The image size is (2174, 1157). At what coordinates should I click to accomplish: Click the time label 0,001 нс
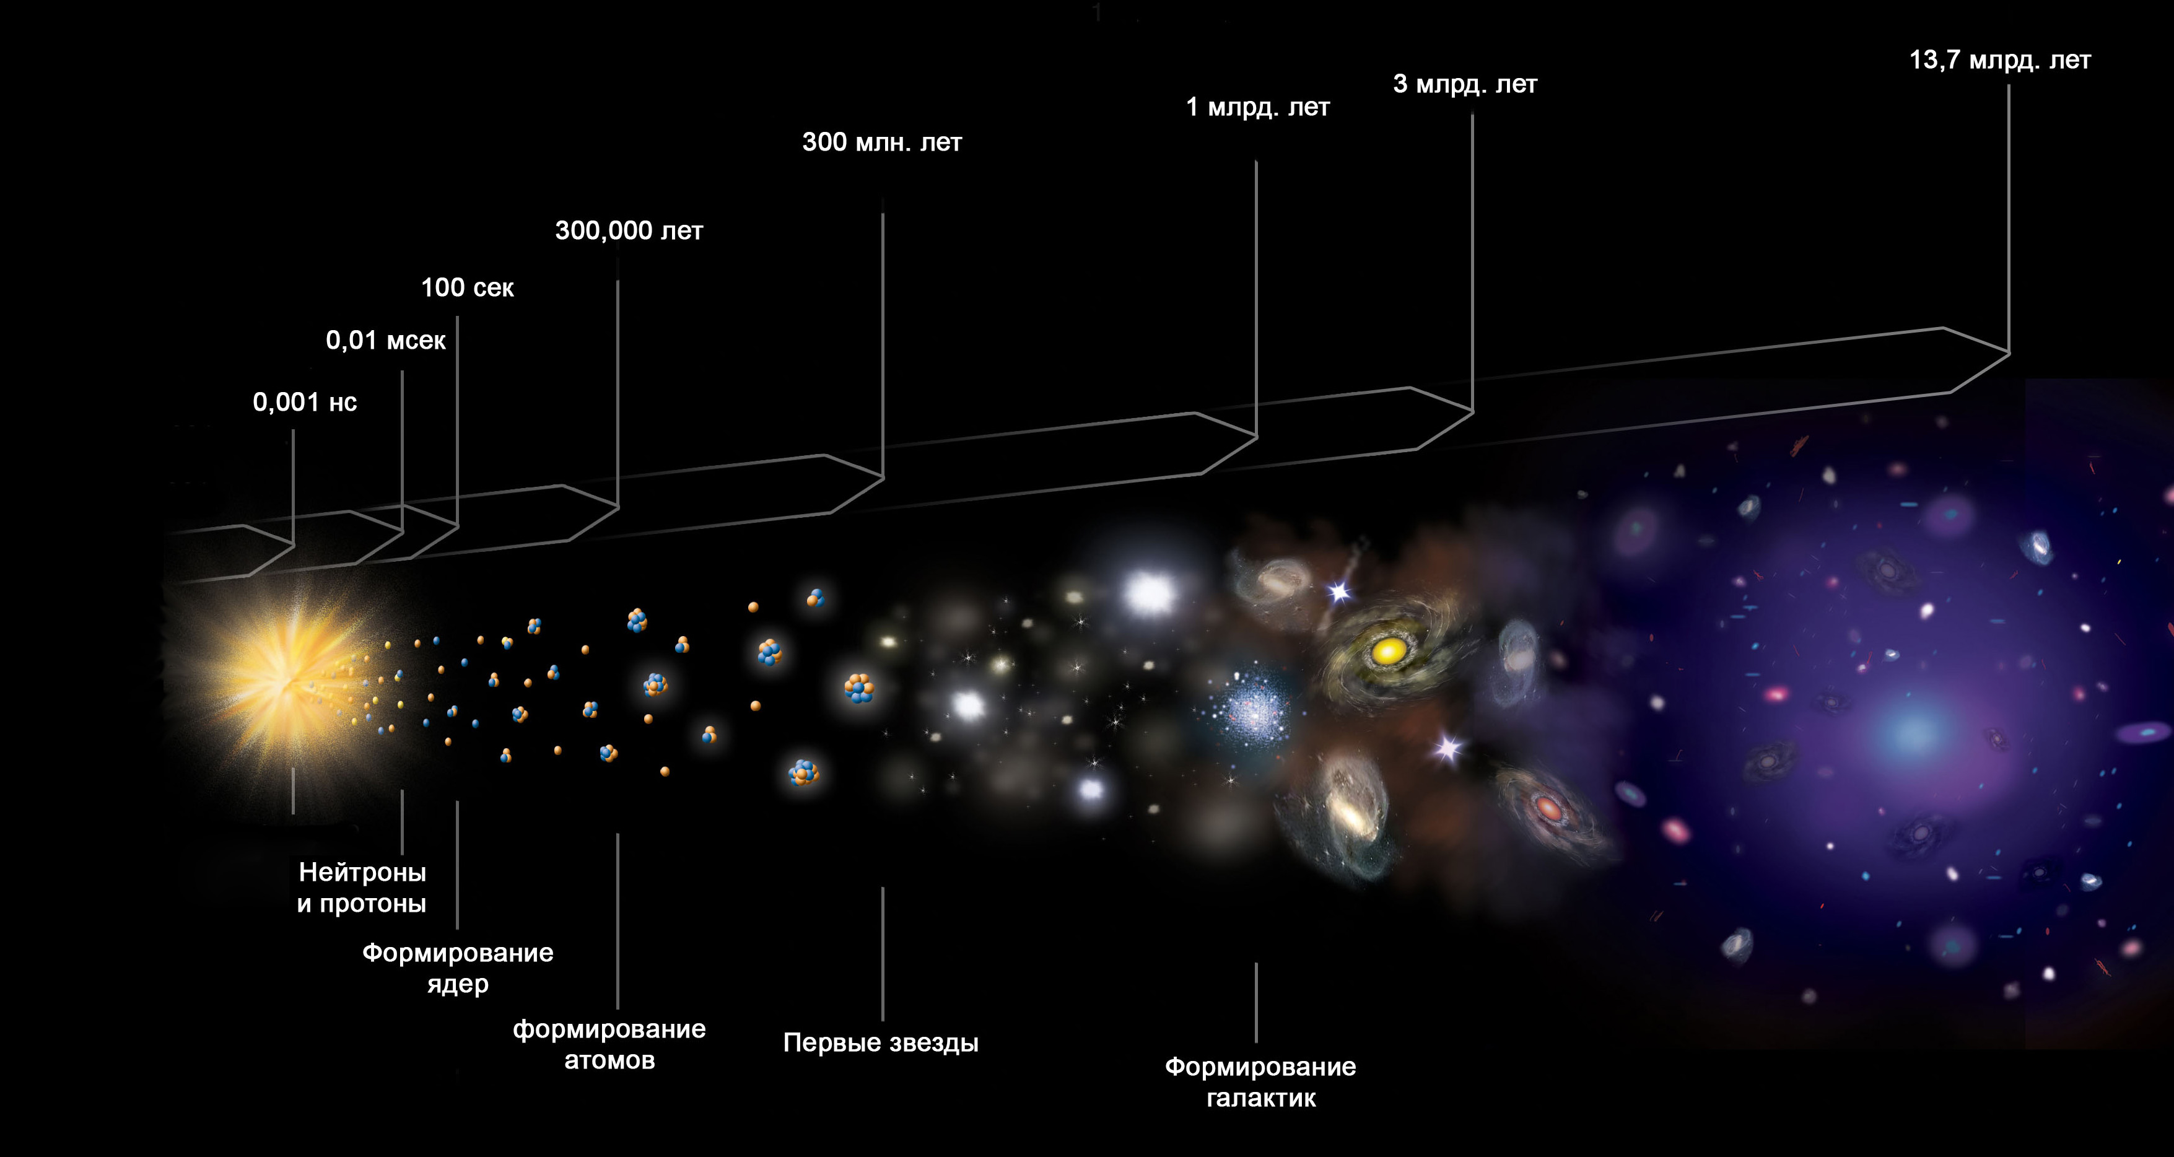click(x=305, y=402)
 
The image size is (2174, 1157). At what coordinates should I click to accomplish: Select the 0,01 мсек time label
click(x=386, y=340)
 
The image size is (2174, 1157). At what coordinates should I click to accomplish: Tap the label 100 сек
click(x=468, y=288)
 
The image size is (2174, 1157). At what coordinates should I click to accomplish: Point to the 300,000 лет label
click(x=629, y=231)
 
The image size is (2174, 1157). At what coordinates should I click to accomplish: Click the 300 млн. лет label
click(x=882, y=142)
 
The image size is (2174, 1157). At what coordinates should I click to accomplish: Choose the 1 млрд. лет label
click(x=1257, y=107)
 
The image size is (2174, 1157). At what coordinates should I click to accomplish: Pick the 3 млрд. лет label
click(x=1465, y=84)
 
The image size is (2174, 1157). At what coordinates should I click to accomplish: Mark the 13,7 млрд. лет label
click(x=2000, y=61)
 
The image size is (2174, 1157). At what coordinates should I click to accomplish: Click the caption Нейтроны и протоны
click(x=362, y=888)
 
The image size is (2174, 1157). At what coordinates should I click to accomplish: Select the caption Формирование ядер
click(x=458, y=968)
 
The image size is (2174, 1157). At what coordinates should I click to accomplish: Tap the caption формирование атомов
click(x=609, y=1044)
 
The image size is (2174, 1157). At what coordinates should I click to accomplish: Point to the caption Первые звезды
click(x=881, y=1043)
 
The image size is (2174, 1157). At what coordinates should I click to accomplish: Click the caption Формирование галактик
click(x=1261, y=1082)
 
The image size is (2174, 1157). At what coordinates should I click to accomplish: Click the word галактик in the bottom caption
click(x=1261, y=1098)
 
